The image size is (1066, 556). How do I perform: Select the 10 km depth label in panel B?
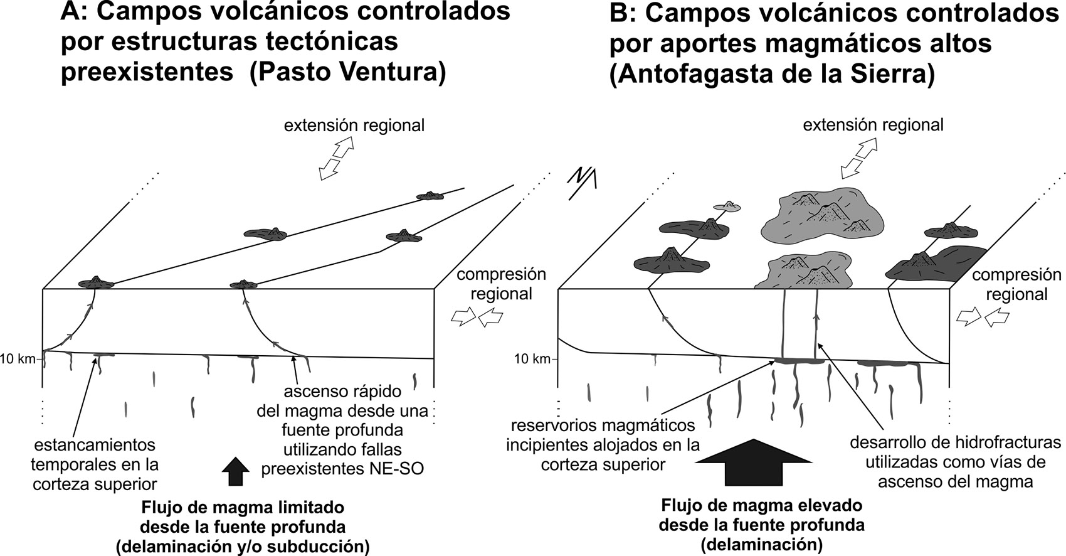pyautogui.click(x=532, y=359)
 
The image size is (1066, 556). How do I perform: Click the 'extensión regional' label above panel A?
pyautogui.click(x=354, y=126)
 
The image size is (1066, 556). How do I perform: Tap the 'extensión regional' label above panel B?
pyautogui.click(x=873, y=125)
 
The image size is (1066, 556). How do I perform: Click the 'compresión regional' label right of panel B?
pyautogui.click(x=1016, y=284)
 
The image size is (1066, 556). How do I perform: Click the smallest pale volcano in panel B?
pyautogui.click(x=727, y=205)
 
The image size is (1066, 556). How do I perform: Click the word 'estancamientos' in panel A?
pyautogui.click(x=95, y=445)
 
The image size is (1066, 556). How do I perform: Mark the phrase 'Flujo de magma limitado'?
pyautogui.click(x=243, y=506)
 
